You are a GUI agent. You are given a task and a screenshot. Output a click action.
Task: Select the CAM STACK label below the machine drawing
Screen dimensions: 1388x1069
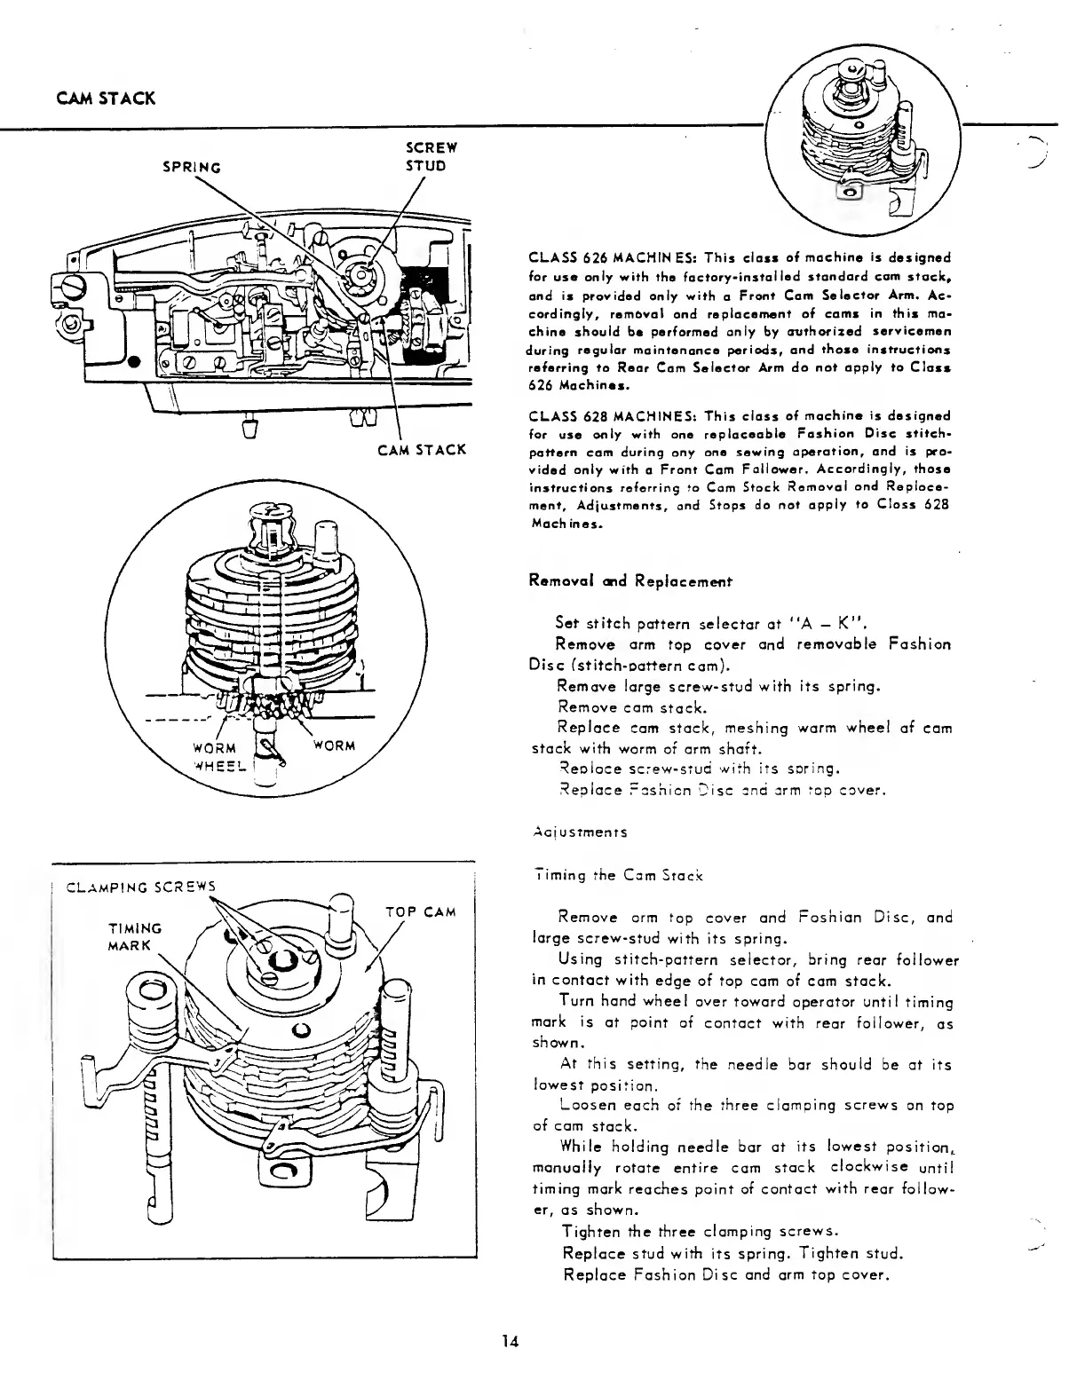[x=422, y=449]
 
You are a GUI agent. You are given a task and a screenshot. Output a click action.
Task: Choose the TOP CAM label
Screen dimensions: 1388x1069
[x=421, y=911]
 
